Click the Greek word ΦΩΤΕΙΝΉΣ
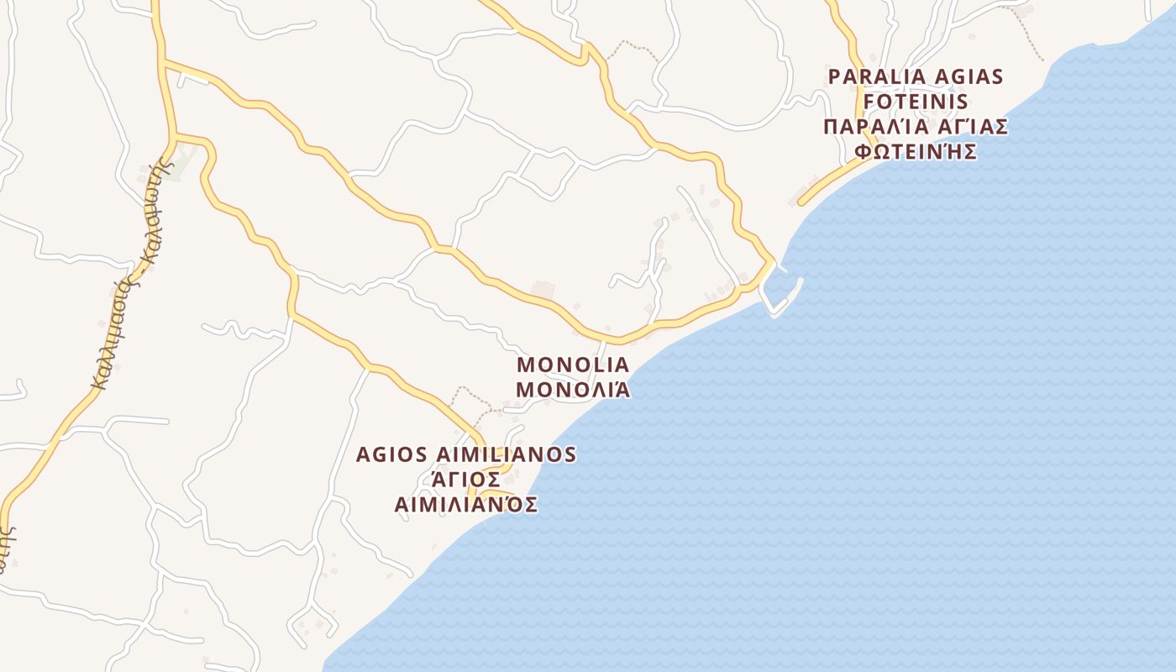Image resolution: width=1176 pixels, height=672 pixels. (x=916, y=152)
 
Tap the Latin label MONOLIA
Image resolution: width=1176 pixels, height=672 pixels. (x=573, y=365)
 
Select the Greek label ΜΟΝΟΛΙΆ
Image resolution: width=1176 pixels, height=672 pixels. (x=573, y=390)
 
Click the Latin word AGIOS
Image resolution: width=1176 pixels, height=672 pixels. (x=392, y=454)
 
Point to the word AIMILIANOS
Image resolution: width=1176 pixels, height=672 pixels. (x=506, y=454)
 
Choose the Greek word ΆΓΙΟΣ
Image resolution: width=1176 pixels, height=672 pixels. (x=465, y=480)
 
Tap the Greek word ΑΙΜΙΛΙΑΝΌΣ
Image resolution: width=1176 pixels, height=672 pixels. (x=465, y=505)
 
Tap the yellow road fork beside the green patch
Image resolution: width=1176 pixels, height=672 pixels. (x=175, y=135)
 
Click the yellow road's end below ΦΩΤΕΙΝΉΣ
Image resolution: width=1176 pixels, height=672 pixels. (x=801, y=202)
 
